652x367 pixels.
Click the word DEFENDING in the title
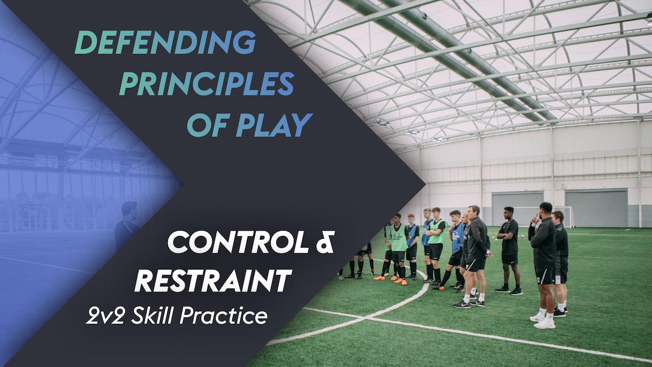165,43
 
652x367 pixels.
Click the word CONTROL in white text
237,244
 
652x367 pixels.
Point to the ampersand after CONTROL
324,244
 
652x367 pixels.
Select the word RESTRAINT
212,281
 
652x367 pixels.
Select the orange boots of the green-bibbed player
398,280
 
